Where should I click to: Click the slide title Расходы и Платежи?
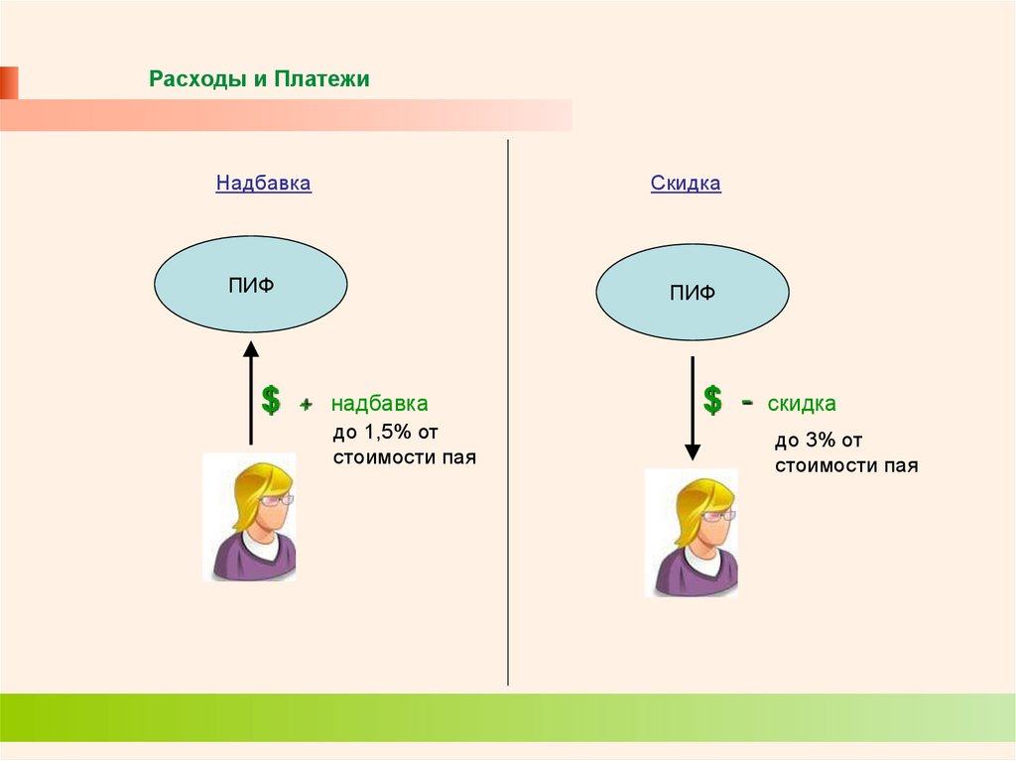click(x=259, y=79)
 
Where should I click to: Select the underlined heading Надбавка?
click(x=263, y=184)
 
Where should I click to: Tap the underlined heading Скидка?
click(x=686, y=184)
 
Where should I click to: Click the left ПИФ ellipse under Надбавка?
click(x=250, y=285)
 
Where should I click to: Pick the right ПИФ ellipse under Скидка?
click(x=692, y=293)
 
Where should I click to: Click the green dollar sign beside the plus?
click(x=270, y=402)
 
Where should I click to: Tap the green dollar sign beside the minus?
click(x=711, y=402)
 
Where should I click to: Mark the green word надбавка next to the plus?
click(x=379, y=405)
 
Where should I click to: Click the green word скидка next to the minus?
click(x=802, y=405)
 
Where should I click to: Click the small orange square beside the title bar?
click(x=9, y=82)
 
